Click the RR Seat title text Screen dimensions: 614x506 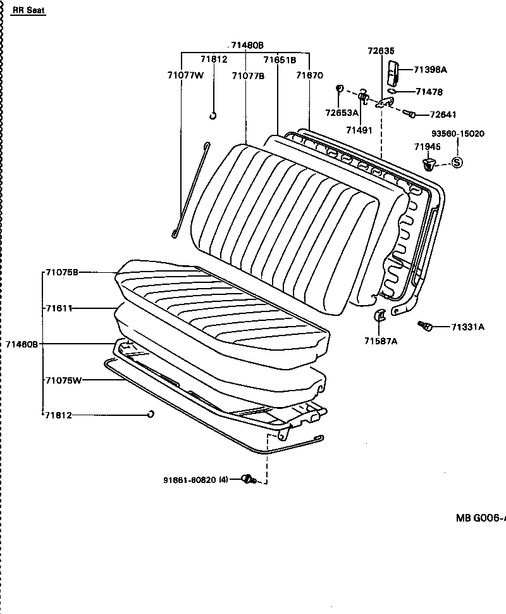click(x=28, y=11)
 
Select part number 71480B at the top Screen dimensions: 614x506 click(x=247, y=45)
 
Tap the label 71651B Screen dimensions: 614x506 click(x=280, y=60)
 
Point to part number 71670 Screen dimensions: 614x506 click(x=309, y=75)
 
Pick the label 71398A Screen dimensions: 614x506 click(x=430, y=70)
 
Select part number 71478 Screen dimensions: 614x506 click(x=429, y=92)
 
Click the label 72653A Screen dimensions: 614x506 click(x=342, y=113)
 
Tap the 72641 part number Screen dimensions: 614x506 click(x=442, y=115)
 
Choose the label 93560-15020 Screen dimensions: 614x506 click(x=458, y=134)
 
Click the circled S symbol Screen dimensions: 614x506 click(x=457, y=162)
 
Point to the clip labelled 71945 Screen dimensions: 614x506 click(x=429, y=166)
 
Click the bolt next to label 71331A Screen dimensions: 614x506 click(x=424, y=326)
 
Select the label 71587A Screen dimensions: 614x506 click(x=380, y=341)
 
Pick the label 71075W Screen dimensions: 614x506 click(x=63, y=380)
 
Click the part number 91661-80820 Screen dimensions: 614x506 click(x=189, y=480)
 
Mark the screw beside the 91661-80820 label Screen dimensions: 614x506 click(x=249, y=479)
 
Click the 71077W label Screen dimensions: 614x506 click(x=185, y=75)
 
